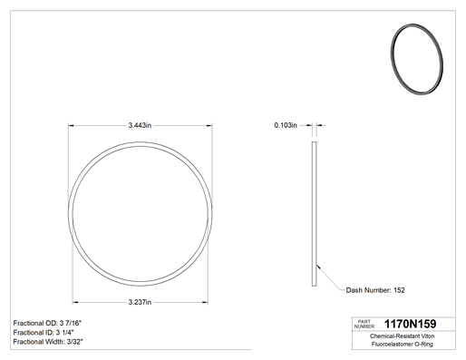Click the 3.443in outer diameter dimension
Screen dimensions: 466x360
coord(140,125)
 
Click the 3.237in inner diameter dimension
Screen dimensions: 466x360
coord(140,302)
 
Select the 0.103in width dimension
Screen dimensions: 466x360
coord(286,125)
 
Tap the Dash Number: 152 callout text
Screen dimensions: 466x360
coord(375,290)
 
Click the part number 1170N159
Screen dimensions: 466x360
coord(410,324)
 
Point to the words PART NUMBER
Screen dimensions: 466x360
coord(364,324)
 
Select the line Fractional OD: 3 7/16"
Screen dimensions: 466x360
coord(47,323)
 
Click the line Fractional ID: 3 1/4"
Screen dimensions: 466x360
coord(44,333)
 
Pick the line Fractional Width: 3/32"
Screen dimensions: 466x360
coord(48,342)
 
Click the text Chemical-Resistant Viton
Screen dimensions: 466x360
coord(402,336)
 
